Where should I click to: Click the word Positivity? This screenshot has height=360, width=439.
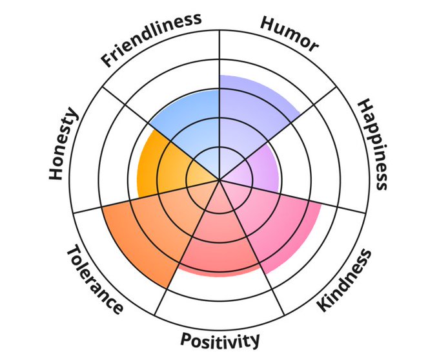(220, 339)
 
